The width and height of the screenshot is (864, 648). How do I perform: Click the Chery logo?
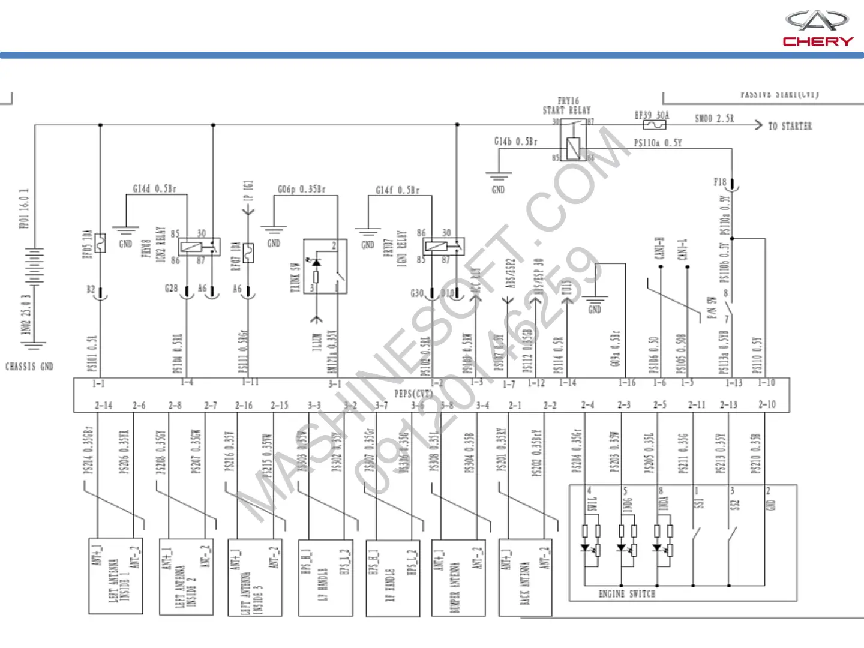817,28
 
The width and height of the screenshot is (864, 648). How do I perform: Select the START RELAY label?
567,110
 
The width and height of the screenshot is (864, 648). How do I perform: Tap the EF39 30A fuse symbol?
654,125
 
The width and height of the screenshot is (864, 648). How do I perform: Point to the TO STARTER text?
790,126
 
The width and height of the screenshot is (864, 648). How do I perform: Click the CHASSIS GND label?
29,366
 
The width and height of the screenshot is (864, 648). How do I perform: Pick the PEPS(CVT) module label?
413,394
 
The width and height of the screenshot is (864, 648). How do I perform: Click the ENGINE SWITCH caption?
627,593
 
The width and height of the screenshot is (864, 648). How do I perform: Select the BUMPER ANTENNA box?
458,578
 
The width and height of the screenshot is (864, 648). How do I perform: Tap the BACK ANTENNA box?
525,577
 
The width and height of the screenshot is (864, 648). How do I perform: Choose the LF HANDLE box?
325,578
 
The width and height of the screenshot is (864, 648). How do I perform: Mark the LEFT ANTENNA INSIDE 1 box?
116,576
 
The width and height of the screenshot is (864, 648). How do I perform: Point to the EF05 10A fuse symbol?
100,242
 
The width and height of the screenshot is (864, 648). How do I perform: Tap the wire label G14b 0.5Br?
516,142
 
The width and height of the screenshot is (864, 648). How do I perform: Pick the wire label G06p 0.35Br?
301,189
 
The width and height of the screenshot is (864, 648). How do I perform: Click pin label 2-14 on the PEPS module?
103,406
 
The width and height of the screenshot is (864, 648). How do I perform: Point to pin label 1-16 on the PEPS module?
627,383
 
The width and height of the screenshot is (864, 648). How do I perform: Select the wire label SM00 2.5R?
714,118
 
